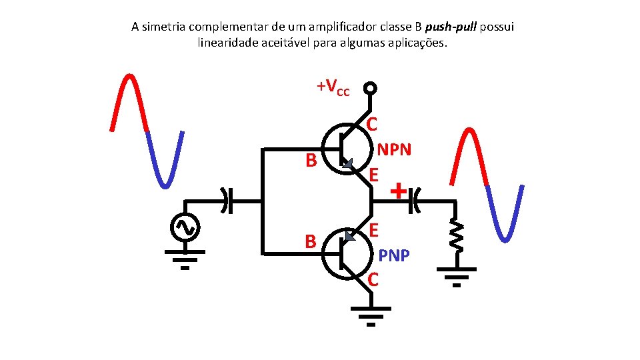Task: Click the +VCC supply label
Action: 333,87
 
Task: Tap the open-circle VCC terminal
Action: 370,89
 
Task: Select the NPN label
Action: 395,150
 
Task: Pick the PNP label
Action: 395,255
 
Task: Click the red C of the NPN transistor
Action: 373,125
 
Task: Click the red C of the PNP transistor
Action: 373,279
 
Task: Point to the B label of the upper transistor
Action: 310,161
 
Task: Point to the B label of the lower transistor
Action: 310,241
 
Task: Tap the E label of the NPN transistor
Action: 374,175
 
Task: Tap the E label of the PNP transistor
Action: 375,230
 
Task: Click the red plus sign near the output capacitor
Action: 397,192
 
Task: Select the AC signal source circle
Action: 183,227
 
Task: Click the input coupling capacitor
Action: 228,200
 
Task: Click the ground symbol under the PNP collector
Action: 371,316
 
